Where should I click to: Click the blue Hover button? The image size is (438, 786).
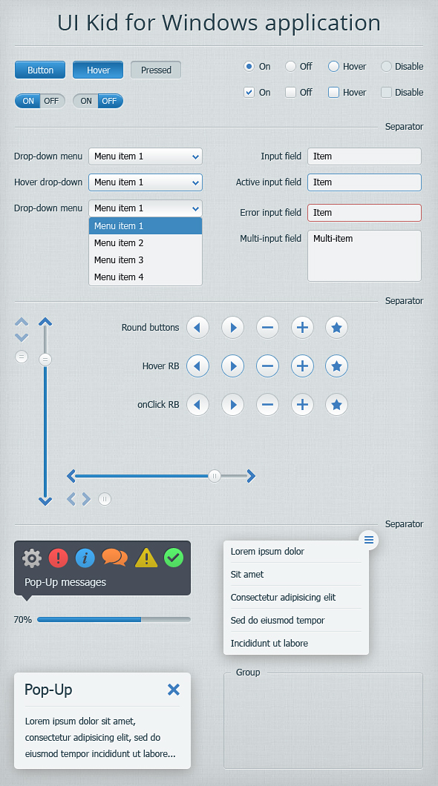point(98,70)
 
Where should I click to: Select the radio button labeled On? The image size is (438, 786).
point(249,66)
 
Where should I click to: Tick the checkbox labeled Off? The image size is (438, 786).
point(290,92)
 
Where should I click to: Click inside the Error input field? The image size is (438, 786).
point(365,213)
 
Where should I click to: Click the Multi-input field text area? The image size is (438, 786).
point(365,256)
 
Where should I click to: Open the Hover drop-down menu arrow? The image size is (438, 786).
point(195,182)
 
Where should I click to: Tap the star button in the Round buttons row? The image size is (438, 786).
point(336,328)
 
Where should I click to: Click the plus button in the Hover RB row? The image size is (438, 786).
point(302,366)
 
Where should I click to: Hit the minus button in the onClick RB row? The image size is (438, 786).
point(267,405)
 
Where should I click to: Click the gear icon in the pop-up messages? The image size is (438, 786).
point(32,558)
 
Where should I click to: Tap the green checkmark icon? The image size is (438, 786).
point(174,558)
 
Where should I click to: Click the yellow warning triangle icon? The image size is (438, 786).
point(146,558)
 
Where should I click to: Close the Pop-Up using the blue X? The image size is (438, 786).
point(174,690)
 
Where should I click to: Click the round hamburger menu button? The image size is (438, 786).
point(369,540)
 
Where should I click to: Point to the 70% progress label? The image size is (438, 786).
point(22,620)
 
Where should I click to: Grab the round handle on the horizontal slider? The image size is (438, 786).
point(215,476)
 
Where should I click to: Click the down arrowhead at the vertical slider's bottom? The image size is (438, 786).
point(45,501)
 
